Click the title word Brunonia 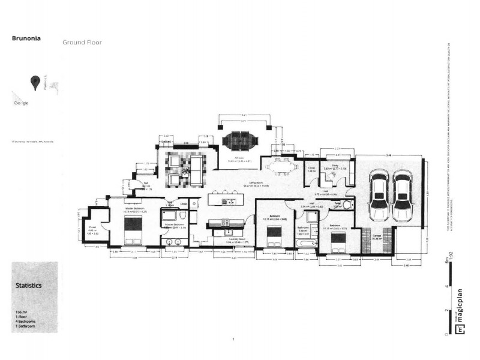pos(26,37)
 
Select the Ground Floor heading pos(82,43)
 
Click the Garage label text pos(377,236)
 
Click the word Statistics pos(28,286)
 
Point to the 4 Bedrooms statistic pos(26,322)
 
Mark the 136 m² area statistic pos(20,313)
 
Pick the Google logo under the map pos(21,103)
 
